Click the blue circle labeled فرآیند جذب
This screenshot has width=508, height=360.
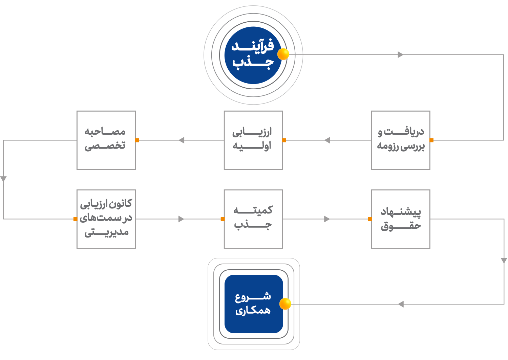253,55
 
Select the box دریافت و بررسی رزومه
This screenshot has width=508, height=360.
401,140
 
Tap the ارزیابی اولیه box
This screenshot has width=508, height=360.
253,140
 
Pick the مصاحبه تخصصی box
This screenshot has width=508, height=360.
106,140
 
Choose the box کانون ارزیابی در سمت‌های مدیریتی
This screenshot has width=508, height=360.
106,219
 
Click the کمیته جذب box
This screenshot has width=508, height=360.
253,219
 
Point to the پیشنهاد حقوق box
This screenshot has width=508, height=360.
401,219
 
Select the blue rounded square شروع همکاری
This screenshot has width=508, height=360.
254,304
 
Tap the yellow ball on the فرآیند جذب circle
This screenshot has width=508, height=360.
283,54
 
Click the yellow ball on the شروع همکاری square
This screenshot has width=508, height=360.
285,304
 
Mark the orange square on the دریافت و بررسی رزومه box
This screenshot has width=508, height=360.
431,140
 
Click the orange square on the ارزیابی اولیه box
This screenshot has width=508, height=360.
284,140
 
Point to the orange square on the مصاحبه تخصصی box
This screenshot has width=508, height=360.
137,140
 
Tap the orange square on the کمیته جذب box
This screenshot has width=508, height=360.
223,219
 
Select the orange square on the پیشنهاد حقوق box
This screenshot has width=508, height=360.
370,219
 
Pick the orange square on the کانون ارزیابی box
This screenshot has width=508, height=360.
75,219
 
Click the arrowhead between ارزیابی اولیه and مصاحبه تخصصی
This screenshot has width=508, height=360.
182,140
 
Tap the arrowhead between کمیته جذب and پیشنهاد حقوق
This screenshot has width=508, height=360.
327,219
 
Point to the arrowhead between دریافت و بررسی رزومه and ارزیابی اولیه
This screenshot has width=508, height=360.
327,140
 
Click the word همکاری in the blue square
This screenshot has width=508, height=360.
253,311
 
